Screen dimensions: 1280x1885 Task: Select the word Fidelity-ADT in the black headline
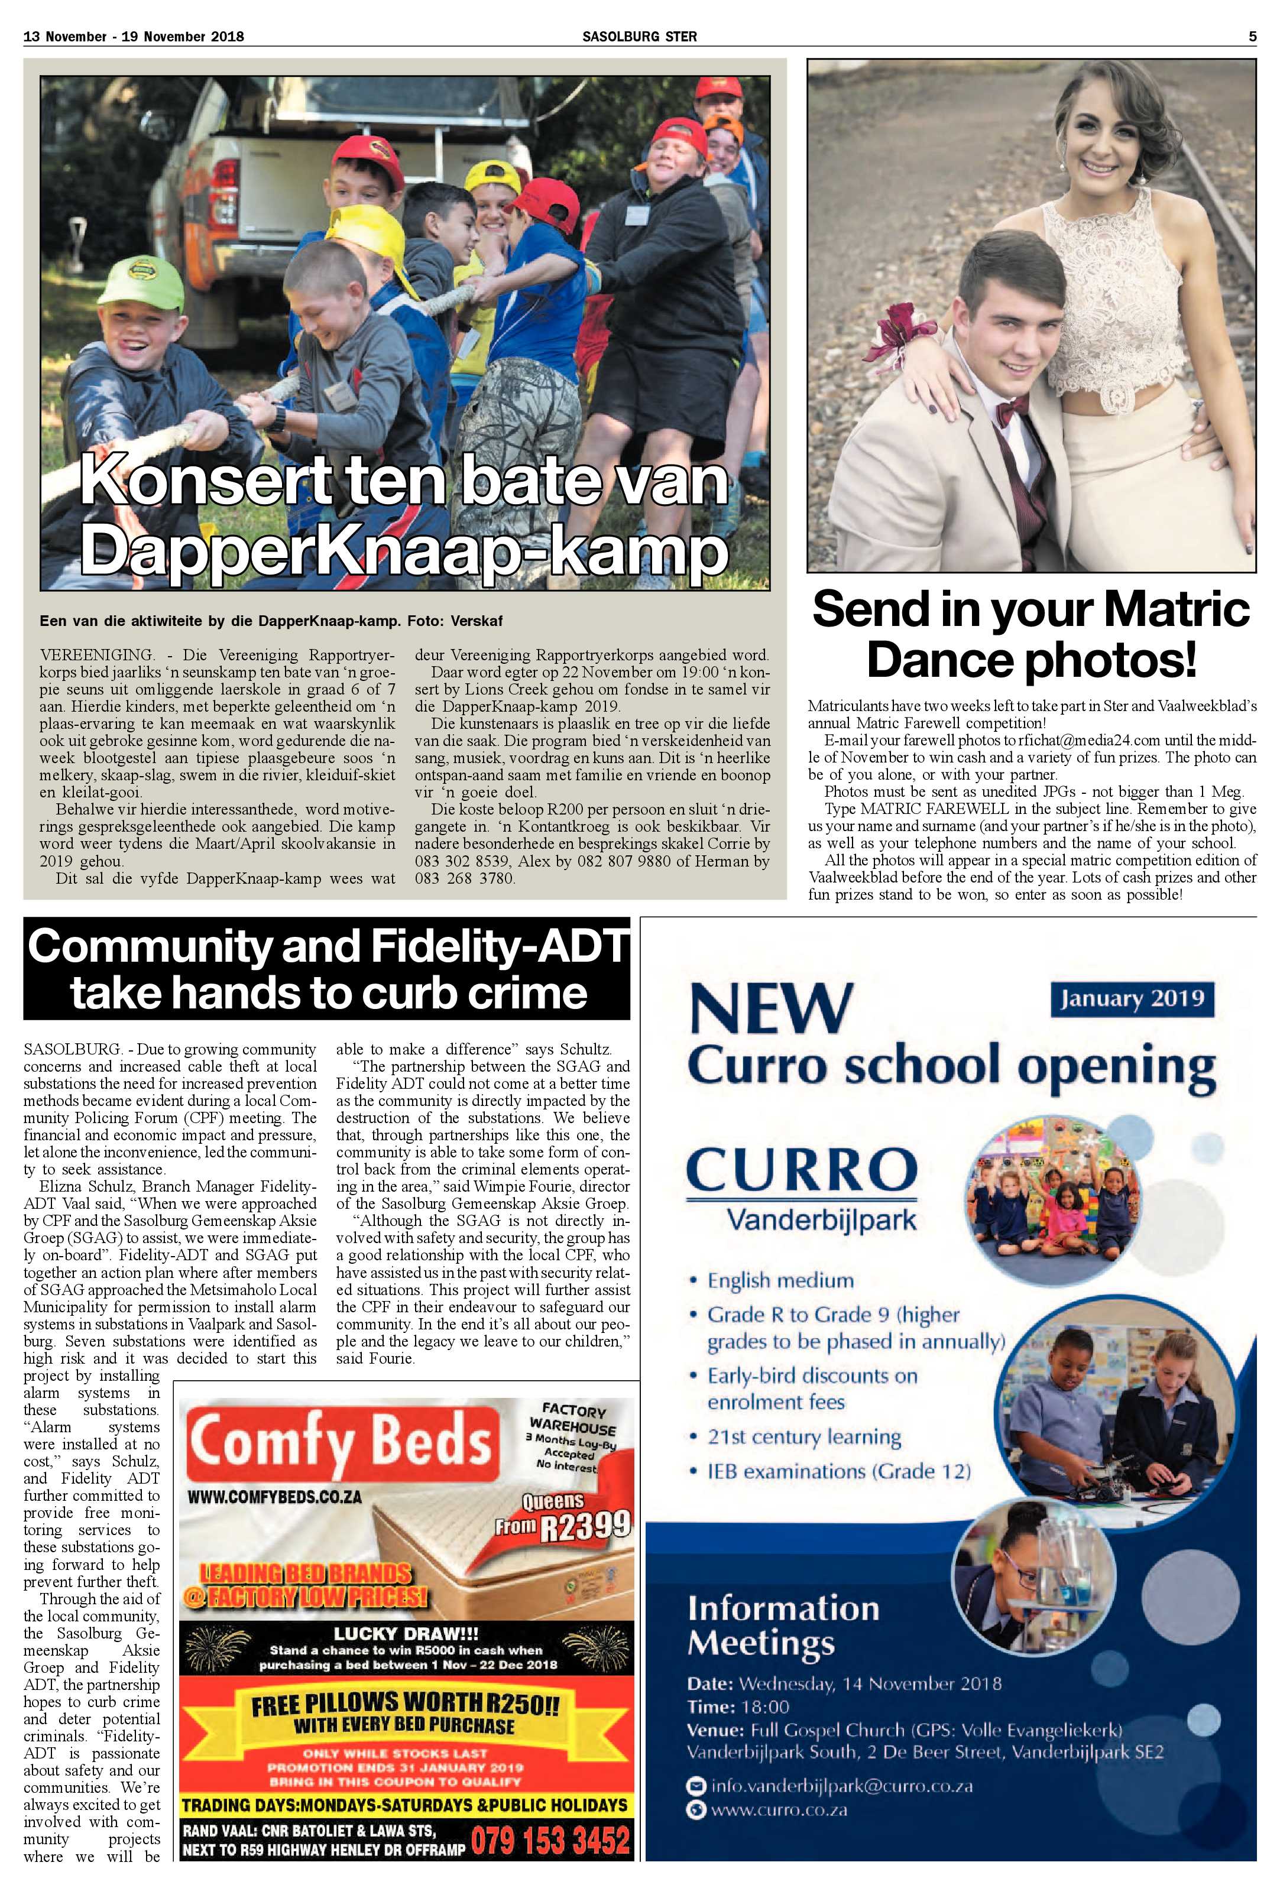click(x=502, y=946)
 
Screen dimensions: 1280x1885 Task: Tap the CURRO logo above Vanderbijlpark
click(x=802, y=1170)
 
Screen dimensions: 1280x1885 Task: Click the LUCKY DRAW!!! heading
click(x=406, y=1634)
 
